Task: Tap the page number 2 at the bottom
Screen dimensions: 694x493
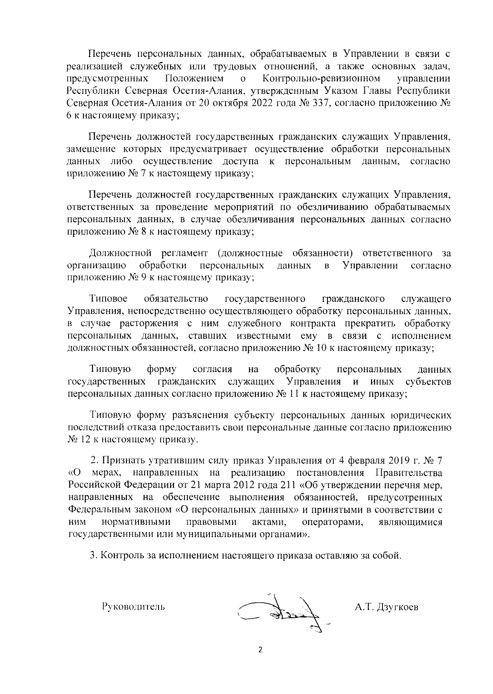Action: pos(259,662)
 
